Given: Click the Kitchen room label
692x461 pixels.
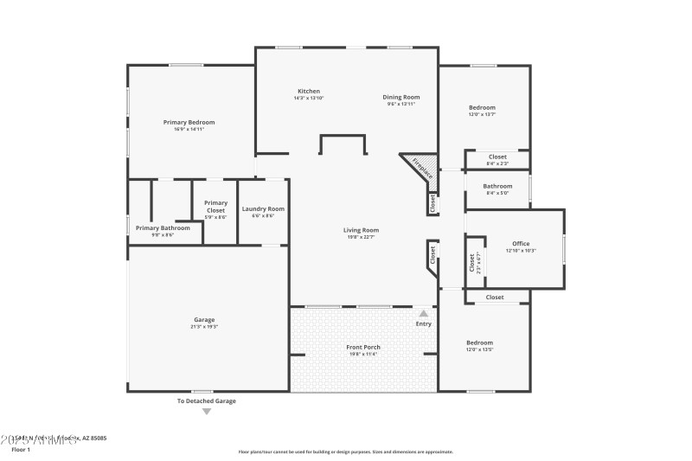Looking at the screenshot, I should point(309,91).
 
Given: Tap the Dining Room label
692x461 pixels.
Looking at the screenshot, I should point(400,97).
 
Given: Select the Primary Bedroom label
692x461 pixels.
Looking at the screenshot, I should point(189,122).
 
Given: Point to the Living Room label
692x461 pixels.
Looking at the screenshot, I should point(361,230).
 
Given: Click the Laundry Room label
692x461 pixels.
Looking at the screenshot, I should point(263,208).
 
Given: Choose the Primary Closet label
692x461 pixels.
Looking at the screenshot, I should point(215,206).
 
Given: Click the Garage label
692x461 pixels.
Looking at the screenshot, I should point(204,320).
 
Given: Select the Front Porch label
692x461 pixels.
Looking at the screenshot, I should point(363,347).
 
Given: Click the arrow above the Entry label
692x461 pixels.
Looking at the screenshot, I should point(423,314).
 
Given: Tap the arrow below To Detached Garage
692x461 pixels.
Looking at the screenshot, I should point(206,412).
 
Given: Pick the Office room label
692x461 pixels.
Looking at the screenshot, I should point(521,244).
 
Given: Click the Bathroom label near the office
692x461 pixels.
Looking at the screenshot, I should point(497,186).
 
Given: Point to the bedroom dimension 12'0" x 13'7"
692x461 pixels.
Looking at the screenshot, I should point(482,114).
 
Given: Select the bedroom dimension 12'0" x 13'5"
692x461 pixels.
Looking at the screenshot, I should point(479,350).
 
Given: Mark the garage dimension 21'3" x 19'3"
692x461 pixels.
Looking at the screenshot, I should point(204,327).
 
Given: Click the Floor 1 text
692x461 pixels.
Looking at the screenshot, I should point(20,450).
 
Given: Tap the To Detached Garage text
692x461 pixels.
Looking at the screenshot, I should point(206,401).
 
